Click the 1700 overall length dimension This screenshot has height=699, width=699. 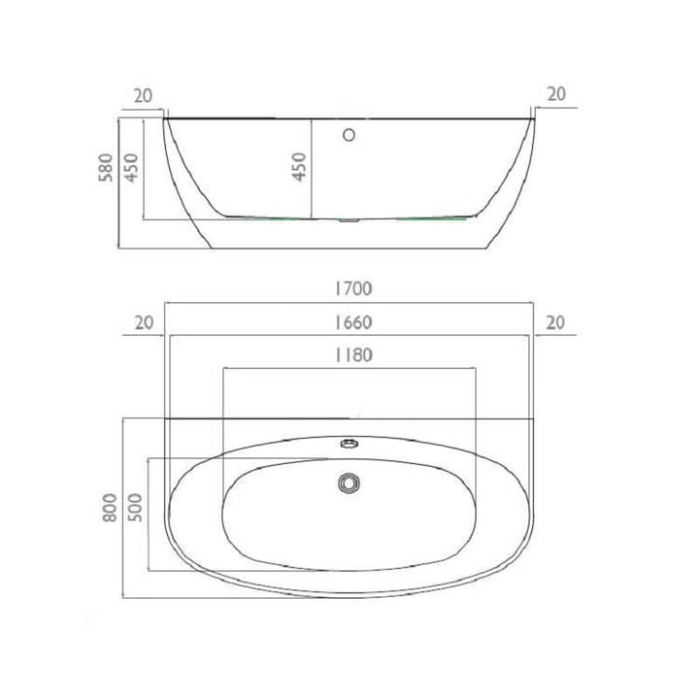tap(353, 289)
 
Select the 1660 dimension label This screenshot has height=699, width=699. tap(353, 322)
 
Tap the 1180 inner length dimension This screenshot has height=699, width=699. tap(353, 355)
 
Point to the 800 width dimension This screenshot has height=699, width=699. tap(109, 508)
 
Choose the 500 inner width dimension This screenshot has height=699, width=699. tap(135, 508)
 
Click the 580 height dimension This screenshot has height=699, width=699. tap(106, 167)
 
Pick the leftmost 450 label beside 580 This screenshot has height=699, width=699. tap(131, 167)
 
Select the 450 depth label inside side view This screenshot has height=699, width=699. tap(300, 167)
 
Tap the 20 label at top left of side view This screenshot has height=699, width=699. tap(143, 96)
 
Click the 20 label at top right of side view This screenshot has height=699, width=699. tap(556, 94)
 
